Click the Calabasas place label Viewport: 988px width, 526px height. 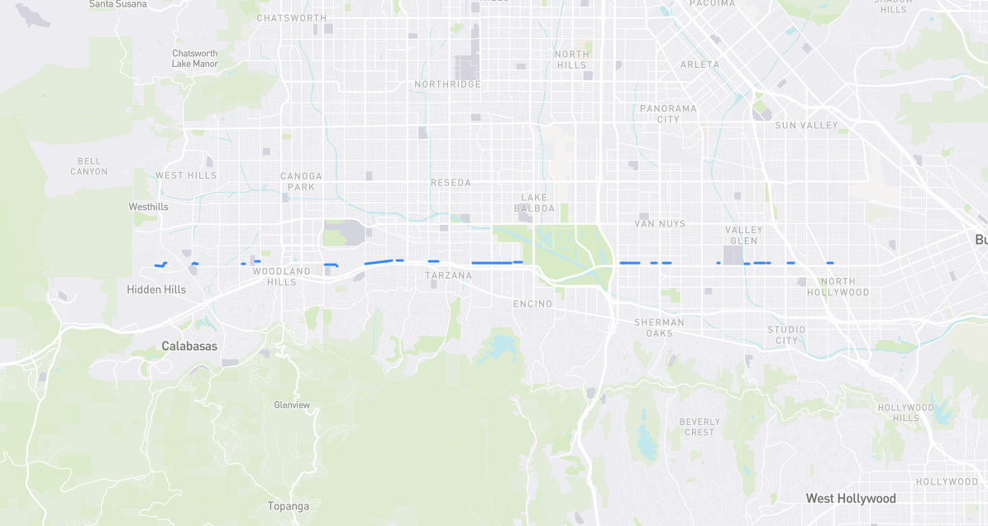(189, 346)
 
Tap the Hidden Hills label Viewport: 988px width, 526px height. (156, 289)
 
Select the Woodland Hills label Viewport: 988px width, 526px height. (281, 276)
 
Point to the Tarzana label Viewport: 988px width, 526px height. (449, 275)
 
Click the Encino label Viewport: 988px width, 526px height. (532, 304)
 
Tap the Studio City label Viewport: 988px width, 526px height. (786, 335)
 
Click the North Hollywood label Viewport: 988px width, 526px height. (838, 287)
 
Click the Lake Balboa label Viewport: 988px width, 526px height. (537, 203)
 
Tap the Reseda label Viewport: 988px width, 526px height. (451, 183)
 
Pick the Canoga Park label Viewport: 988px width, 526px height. (301, 181)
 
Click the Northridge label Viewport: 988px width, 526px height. (447, 84)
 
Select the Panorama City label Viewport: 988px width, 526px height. (668, 113)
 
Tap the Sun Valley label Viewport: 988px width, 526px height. (806, 126)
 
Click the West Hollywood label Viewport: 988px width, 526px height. (851, 499)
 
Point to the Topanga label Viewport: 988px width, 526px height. (288, 506)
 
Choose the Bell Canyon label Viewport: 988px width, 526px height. (88, 166)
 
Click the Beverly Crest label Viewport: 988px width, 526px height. (699, 427)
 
